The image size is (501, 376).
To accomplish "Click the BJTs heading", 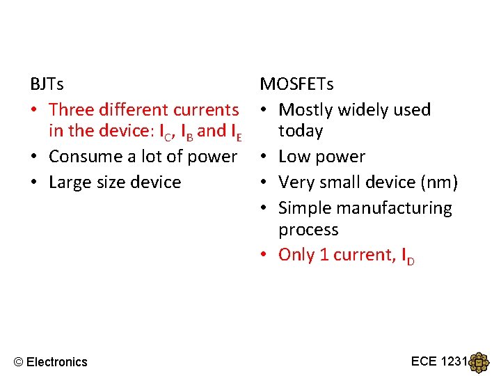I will pyautogui.click(x=47, y=84).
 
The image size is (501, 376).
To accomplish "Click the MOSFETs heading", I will pyautogui.click(x=296, y=84).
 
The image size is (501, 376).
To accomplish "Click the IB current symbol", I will pyautogui.click(x=187, y=132).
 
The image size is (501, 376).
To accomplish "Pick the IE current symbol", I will pyautogui.click(x=236, y=132).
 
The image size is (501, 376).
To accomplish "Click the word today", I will pyautogui.click(x=301, y=131).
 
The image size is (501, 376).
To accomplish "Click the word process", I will pyautogui.click(x=308, y=230).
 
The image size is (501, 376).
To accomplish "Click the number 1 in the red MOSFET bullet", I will pyautogui.click(x=324, y=255).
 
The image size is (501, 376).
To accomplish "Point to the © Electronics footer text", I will pyautogui.click(x=51, y=361).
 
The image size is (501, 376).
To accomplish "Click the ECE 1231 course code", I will pyautogui.click(x=440, y=361).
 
